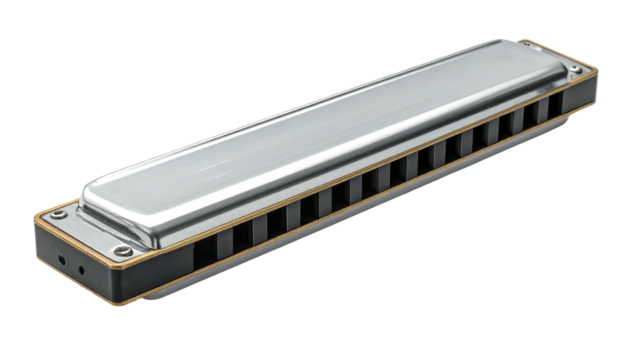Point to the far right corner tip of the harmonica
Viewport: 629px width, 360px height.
[x=598, y=72]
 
